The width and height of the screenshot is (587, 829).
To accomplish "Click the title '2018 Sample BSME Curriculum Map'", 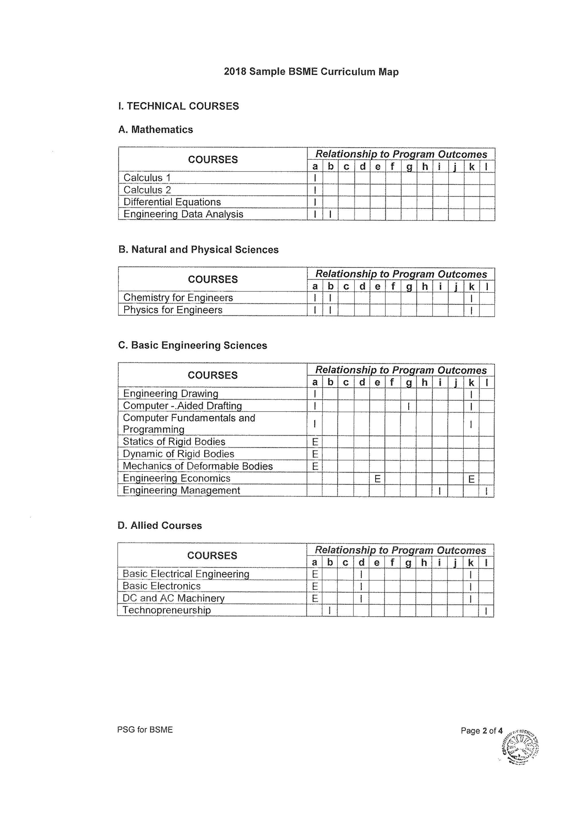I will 311,72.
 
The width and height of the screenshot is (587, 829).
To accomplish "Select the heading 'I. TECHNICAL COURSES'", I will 178,106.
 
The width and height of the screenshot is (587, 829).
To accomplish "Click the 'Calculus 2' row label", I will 147,190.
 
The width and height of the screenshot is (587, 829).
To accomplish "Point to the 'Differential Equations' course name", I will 172,202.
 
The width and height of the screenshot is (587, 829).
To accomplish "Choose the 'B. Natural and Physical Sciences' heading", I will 198,250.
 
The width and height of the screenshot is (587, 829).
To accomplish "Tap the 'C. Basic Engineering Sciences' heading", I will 192,345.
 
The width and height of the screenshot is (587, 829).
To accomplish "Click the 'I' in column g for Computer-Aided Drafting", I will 408,406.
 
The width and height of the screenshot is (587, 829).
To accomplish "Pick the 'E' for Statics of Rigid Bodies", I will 315,442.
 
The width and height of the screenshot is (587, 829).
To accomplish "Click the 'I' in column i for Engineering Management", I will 439,491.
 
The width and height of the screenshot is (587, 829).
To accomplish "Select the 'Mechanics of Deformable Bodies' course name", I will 198,466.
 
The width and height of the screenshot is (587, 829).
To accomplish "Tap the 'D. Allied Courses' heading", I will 159,525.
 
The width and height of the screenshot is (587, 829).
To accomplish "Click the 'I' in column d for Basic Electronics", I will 361,586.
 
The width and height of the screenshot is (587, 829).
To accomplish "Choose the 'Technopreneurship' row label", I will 167,610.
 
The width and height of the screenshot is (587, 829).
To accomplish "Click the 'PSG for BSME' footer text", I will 145,730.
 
